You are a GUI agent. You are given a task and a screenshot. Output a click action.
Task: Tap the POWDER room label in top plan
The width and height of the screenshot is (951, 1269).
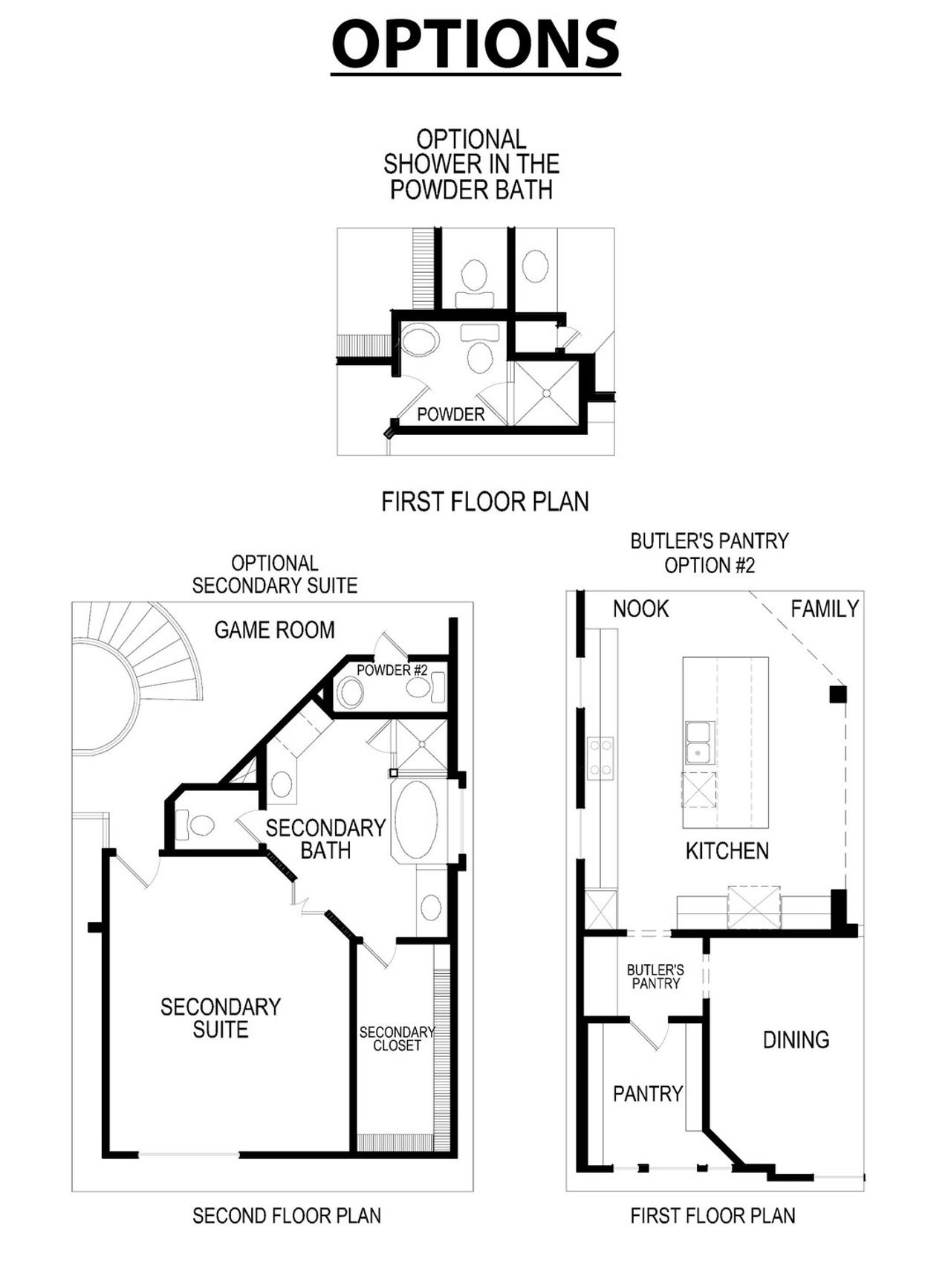pos(450,414)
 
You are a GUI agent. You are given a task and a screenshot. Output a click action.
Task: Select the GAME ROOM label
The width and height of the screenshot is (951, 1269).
pos(274,630)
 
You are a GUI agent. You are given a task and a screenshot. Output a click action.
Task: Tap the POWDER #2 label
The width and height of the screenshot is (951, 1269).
pos(392,670)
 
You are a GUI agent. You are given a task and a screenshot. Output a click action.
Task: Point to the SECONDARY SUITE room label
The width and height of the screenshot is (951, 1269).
pos(221,1018)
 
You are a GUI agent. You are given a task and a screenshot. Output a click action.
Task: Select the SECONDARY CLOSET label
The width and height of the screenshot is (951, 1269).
pos(396,1039)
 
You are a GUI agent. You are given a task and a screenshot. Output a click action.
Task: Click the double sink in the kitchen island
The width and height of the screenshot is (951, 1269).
pos(700,742)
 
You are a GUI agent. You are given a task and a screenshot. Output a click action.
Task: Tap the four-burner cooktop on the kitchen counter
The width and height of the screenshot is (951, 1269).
pos(600,758)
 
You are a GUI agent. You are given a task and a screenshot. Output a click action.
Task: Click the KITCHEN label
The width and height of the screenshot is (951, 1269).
pos(727,850)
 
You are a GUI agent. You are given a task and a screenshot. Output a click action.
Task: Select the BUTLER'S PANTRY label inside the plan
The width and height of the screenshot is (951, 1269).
pos(655,976)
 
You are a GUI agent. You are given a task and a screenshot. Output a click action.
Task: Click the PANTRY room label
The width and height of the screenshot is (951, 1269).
pos(647,1094)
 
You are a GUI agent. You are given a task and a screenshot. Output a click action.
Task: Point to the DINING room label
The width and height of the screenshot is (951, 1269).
pos(796,1039)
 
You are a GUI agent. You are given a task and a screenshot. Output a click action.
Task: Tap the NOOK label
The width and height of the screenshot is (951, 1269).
pos(640,609)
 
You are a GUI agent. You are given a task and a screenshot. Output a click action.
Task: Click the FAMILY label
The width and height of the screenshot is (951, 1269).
pos(824,609)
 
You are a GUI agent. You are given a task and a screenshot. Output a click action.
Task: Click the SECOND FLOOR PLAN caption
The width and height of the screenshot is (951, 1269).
pos(287,1215)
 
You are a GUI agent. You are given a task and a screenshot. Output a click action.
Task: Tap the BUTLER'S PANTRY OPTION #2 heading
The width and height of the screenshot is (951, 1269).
pos(710,552)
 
